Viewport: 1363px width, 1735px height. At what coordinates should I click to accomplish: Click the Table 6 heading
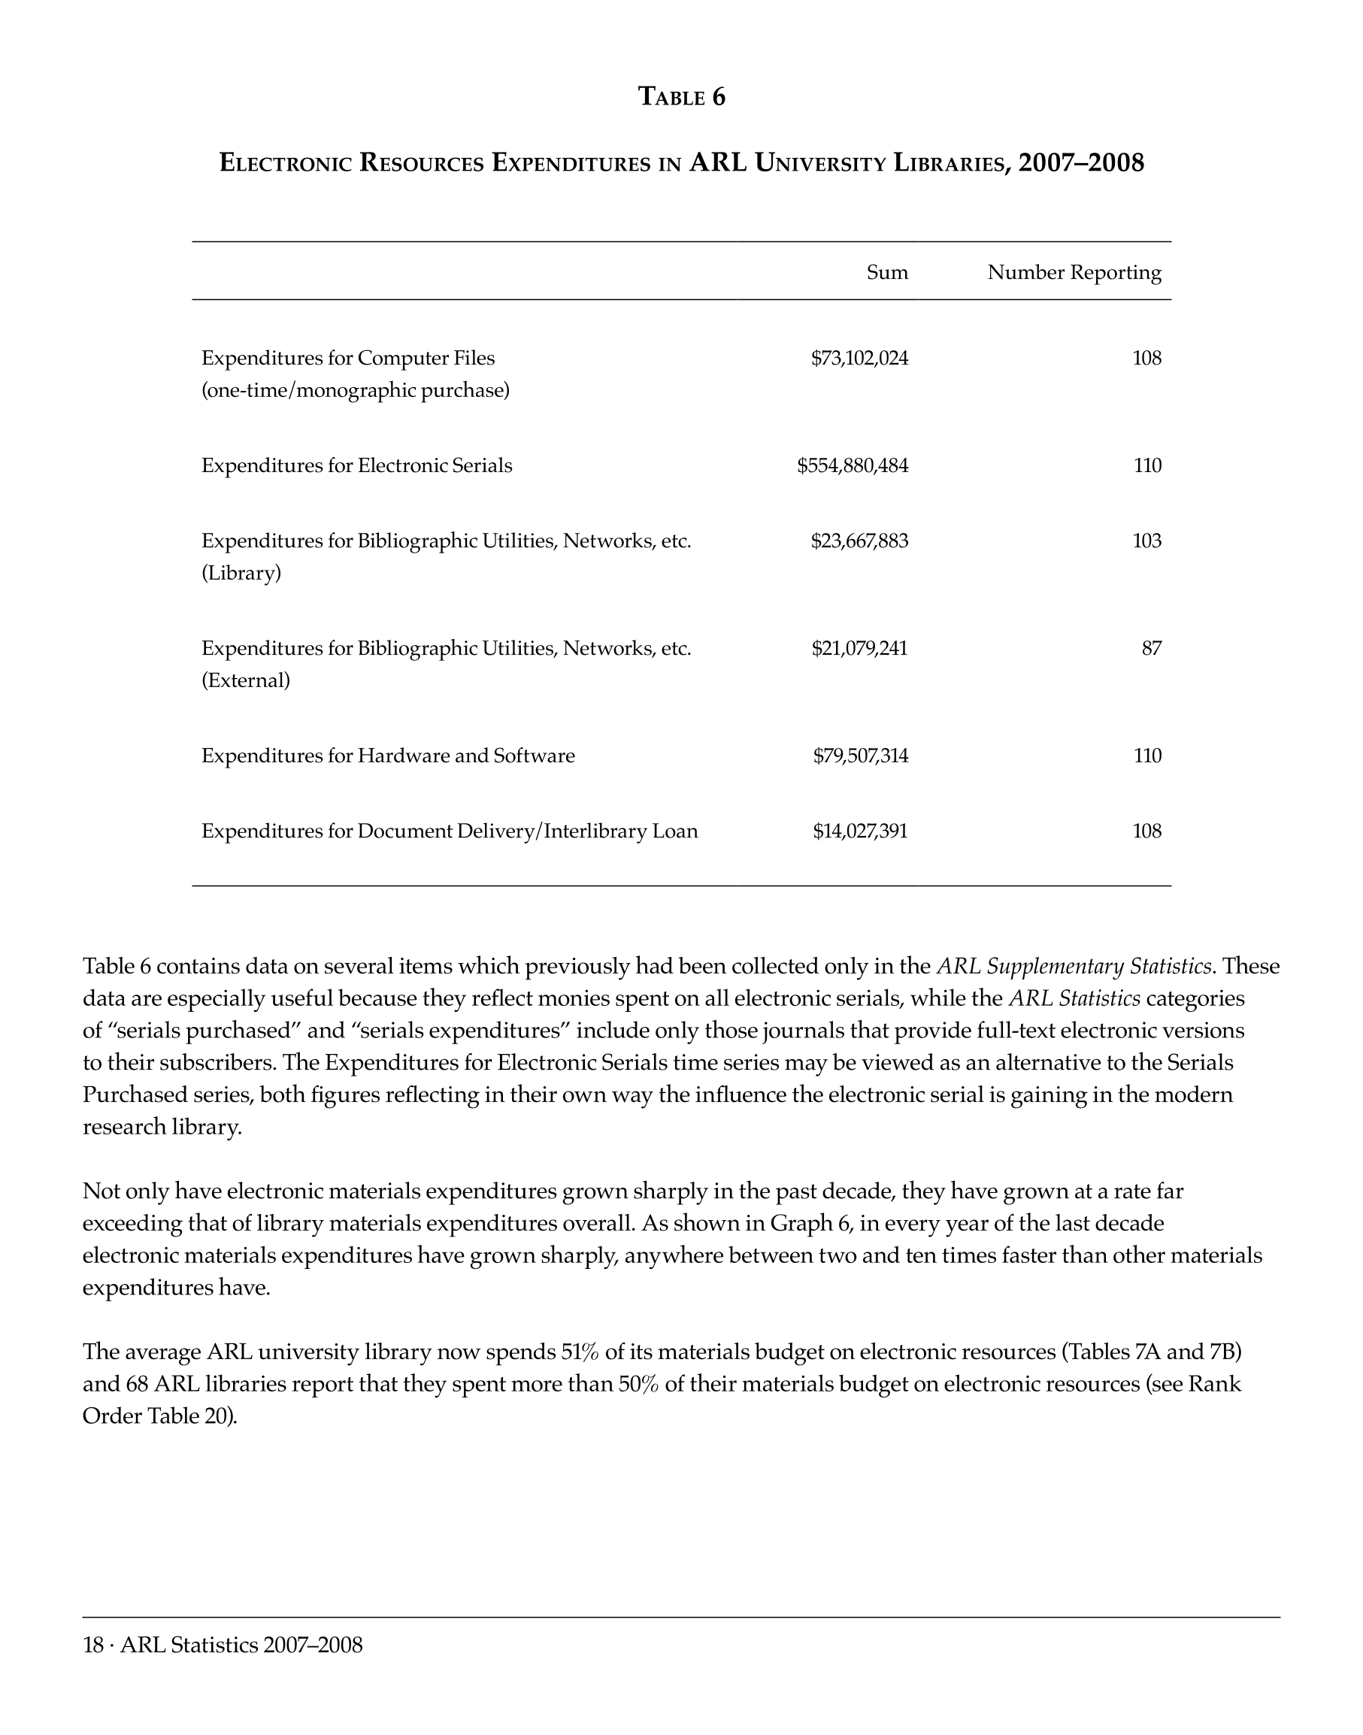(x=681, y=98)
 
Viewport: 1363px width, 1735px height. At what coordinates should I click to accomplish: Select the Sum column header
(x=886, y=273)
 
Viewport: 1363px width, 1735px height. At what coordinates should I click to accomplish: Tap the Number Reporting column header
(x=1074, y=273)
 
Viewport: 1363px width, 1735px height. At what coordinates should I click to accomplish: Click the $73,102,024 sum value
(x=859, y=359)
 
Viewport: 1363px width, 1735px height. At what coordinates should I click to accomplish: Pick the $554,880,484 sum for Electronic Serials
(x=852, y=466)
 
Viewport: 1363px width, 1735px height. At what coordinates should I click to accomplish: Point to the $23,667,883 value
(x=859, y=541)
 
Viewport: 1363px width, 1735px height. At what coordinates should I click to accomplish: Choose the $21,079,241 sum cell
(x=859, y=648)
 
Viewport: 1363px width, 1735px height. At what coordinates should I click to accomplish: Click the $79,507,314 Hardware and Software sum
(x=859, y=755)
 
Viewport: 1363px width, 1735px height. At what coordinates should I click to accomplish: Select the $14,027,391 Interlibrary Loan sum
(x=859, y=831)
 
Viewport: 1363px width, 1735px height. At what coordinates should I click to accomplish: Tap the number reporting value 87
(x=1151, y=648)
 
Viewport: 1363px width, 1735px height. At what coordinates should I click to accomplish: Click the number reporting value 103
(x=1146, y=541)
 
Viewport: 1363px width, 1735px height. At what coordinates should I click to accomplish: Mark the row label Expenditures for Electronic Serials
(x=356, y=466)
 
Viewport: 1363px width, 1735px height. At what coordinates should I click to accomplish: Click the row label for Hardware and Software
(x=388, y=755)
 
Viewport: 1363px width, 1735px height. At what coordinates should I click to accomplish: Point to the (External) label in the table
(x=246, y=681)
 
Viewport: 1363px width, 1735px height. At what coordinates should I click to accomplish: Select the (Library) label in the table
(x=241, y=574)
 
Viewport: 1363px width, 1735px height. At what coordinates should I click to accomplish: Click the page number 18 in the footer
(x=92, y=1645)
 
